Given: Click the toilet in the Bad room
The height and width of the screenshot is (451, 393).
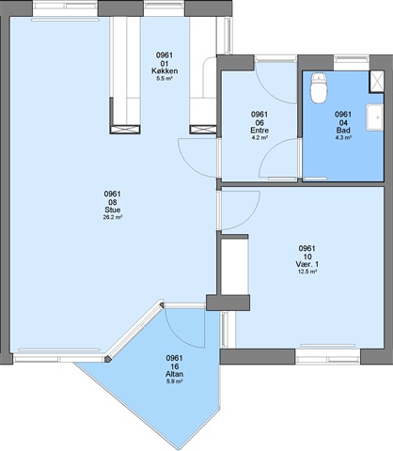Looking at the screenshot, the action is (319, 88).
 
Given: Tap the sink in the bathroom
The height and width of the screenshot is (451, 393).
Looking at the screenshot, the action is (375, 117).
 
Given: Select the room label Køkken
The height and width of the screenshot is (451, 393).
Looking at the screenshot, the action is (165, 70).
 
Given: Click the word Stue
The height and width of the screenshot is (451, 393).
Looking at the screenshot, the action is (113, 210).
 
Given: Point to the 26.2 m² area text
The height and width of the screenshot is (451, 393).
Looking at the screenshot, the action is (113, 217).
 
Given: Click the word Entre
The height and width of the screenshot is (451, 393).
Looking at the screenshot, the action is (259, 131).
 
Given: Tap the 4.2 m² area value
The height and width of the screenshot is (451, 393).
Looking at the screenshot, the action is (259, 137).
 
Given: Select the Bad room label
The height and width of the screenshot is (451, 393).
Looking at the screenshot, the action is (343, 131).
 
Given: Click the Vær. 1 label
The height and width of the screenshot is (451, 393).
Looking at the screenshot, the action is (307, 264).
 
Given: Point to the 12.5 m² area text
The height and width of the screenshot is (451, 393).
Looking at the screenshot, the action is (307, 272).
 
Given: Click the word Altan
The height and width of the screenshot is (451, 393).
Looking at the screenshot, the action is (175, 374).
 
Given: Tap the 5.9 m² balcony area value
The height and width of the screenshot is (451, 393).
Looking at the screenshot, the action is (175, 381).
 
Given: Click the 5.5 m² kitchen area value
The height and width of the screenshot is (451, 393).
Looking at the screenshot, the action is (165, 78).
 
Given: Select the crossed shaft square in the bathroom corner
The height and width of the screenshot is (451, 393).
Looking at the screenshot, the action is (377, 82).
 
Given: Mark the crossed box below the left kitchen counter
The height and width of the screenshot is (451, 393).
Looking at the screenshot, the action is (125, 130).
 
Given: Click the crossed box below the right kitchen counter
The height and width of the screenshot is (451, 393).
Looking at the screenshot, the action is (203, 130).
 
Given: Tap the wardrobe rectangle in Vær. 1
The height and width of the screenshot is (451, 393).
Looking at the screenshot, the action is (235, 267).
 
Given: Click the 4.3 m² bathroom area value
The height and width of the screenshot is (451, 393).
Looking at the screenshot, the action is (343, 137).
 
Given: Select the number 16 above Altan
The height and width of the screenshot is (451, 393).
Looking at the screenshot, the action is (175, 366).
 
